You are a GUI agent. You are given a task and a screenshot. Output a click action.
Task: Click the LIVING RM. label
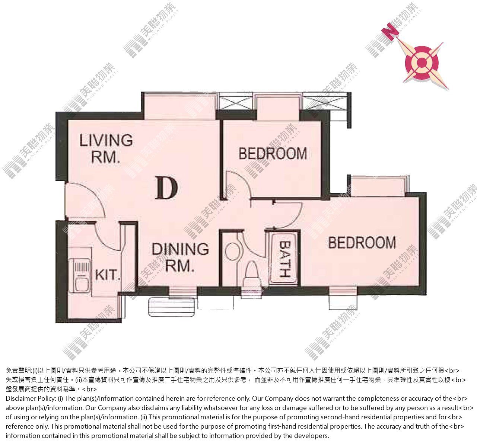[106, 148]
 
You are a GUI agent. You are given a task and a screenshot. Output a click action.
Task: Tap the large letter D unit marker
[166, 188]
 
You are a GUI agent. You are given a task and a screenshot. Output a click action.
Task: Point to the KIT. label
[107, 275]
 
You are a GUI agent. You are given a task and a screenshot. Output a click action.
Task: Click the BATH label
[285, 259]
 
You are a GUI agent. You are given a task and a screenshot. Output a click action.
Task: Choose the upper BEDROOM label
[273, 153]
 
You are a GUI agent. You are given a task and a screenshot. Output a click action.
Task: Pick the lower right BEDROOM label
[362, 243]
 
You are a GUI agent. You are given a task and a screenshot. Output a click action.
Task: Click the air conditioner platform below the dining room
[172, 307]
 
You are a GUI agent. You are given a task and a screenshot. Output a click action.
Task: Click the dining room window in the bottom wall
[182, 292]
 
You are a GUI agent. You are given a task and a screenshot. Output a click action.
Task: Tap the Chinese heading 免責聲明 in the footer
[19, 371]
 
